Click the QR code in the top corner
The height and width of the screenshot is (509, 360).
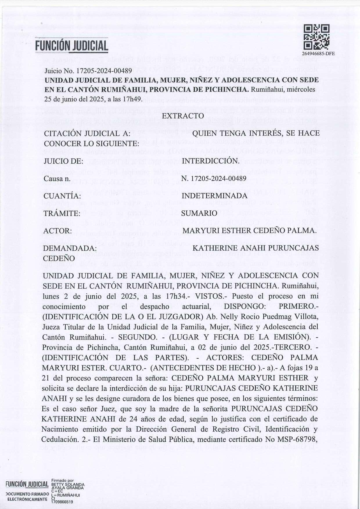pos(316,37)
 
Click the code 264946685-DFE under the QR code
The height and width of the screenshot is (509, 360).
pos(318,53)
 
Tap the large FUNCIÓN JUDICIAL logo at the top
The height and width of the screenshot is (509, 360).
pos(72,46)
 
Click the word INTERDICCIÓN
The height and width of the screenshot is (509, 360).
pos(210,161)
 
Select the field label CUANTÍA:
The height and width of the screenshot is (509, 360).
pos(62,196)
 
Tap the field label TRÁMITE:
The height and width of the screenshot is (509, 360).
pos(62,214)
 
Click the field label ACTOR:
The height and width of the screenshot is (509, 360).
pos(58,231)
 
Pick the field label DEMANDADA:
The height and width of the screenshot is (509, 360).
pos(70,248)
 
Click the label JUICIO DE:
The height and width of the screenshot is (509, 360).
pos(63,161)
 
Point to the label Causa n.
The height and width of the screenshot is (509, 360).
pos(57,178)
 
